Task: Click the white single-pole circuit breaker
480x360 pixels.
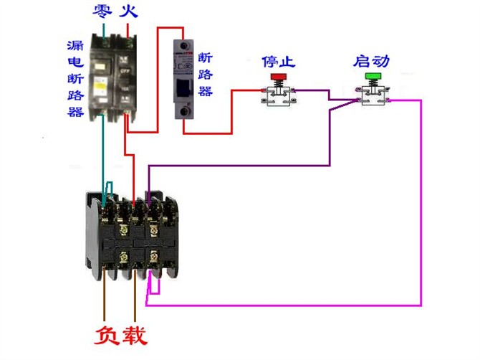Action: pyautogui.click(x=185, y=80)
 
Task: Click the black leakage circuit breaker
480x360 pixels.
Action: pyautogui.click(x=114, y=79)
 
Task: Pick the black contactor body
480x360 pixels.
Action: pyautogui.click(x=132, y=233)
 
